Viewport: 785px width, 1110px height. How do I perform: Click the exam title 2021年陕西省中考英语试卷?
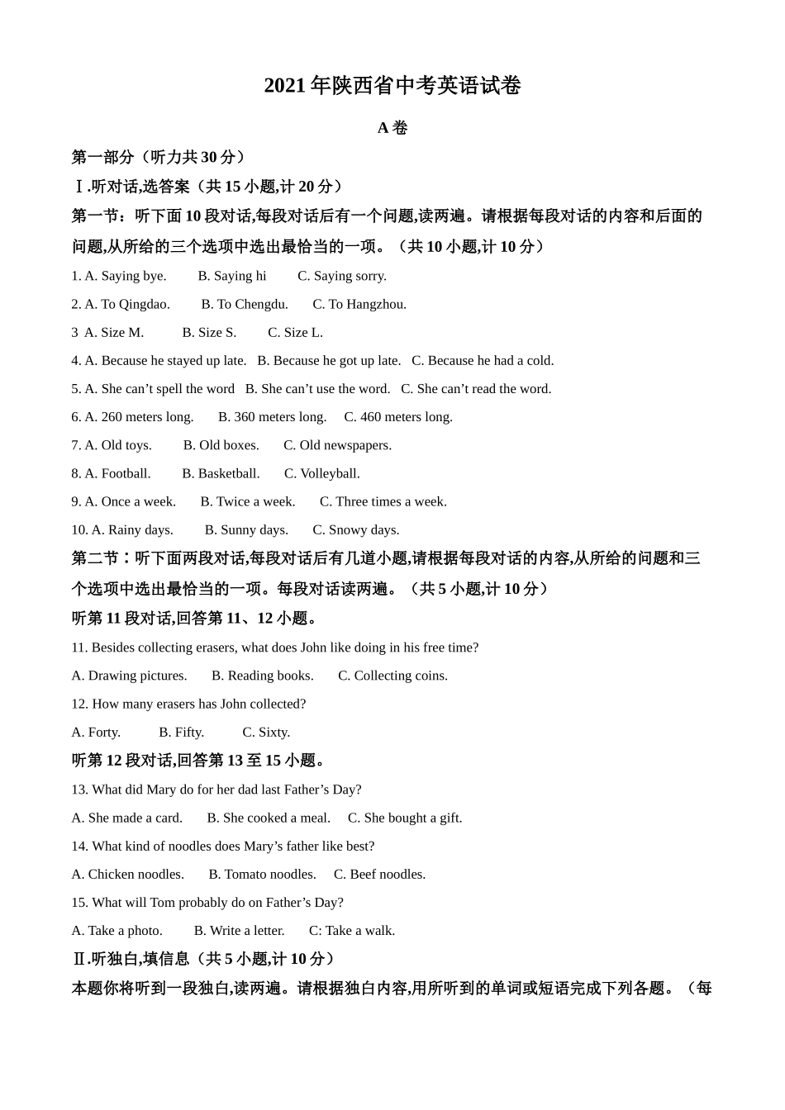[392, 86]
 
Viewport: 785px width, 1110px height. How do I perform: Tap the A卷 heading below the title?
[392, 128]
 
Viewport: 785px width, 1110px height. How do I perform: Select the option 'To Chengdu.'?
[245, 304]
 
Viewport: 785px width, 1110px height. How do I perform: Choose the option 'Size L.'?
[295, 332]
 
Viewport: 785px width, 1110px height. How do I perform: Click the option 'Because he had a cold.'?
[483, 360]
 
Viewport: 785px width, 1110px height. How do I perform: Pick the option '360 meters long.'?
[272, 417]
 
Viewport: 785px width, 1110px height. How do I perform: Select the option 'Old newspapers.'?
[337, 445]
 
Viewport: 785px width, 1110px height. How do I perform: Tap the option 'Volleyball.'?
[321, 473]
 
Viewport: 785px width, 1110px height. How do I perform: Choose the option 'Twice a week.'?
[247, 501]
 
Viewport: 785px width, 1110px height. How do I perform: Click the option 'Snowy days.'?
[355, 529]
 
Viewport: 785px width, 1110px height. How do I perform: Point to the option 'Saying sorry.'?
[341, 276]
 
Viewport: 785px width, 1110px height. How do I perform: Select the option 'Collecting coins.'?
[392, 676]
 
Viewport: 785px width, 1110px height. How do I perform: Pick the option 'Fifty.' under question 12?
[181, 732]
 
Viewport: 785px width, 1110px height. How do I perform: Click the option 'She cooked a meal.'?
[268, 818]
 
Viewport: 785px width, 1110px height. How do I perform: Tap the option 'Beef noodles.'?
[379, 874]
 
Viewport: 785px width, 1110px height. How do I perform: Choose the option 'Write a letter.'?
[239, 931]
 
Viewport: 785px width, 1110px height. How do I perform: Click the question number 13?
[79, 790]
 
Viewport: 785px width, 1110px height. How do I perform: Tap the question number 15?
[79, 903]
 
